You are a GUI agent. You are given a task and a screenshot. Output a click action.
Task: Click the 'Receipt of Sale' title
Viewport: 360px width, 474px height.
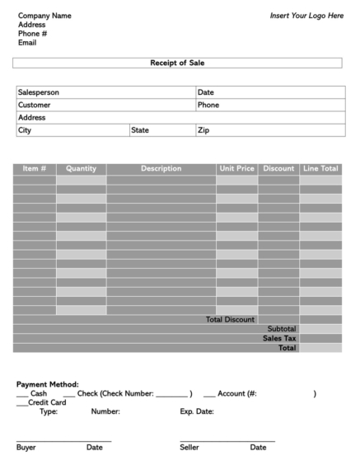pos(177,63)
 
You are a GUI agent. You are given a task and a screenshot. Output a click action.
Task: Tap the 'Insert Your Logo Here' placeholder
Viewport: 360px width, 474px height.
pos(306,16)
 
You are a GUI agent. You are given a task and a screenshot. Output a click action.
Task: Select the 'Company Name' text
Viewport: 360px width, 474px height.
pos(44,16)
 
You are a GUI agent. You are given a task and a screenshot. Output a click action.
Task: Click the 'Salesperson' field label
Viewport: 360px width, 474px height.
pos(38,92)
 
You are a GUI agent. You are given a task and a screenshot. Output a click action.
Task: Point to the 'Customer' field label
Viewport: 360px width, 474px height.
pos(34,105)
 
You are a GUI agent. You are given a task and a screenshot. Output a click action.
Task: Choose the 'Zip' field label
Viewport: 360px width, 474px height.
pos(203,130)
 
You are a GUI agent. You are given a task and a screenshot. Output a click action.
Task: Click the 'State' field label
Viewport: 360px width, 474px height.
pos(140,130)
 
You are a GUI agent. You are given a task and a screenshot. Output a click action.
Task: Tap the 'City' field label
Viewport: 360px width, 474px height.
pos(25,130)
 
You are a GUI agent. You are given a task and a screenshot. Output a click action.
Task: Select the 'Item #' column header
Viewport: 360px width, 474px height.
pos(35,168)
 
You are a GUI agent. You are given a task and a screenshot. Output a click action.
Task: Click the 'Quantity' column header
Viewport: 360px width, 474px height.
pos(81,168)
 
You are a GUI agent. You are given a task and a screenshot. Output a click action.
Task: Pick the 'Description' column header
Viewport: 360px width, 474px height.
pos(161,168)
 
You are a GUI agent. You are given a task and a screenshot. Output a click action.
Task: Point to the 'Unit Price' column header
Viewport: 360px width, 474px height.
pos(236,168)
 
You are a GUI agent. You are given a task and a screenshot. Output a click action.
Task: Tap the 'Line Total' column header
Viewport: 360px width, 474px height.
pos(320,168)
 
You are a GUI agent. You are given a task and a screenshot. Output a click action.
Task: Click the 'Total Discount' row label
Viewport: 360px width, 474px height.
pos(230,319)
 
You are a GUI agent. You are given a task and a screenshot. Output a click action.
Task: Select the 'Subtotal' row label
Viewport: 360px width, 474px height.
pos(281,328)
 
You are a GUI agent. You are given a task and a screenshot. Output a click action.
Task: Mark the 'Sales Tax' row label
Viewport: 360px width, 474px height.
pos(279,338)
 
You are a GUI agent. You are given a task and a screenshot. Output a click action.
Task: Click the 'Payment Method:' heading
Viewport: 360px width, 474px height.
pos(47,384)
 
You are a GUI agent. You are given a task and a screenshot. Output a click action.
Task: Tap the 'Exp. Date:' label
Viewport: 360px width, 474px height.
pos(197,411)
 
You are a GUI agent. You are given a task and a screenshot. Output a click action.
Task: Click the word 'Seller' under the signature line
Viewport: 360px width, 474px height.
pos(189,448)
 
